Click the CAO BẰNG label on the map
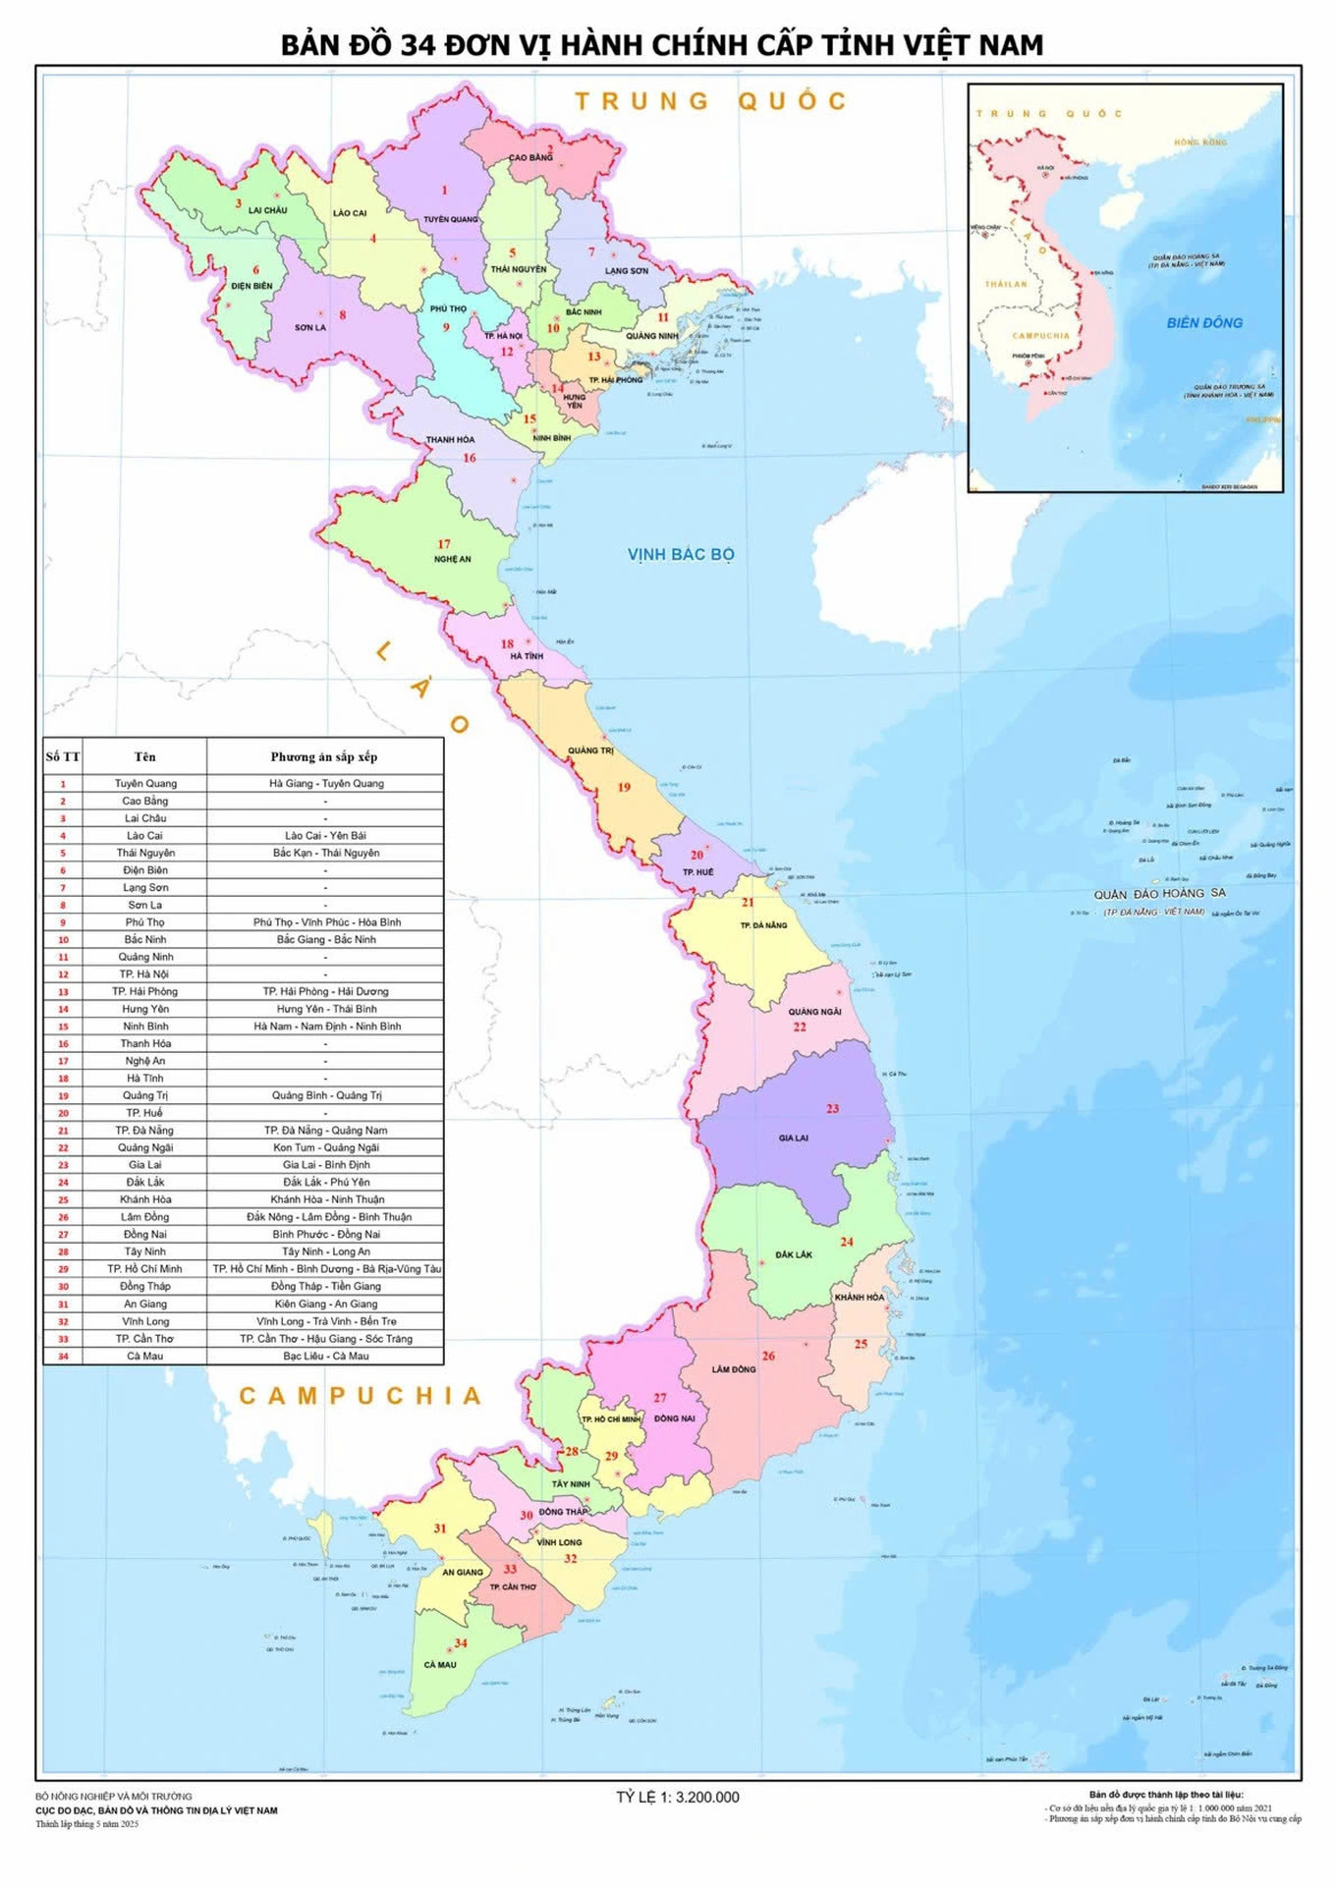(x=530, y=157)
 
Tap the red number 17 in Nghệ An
(x=444, y=543)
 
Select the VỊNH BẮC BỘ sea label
(x=681, y=554)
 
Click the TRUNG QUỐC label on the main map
(x=710, y=101)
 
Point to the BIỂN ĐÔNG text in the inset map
(x=1204, y=322)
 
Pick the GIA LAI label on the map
(x=793, y=1138)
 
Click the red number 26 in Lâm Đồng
(x=768, y=1355)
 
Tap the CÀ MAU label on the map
(x=440, y=1664)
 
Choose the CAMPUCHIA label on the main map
(x=361, y=1395)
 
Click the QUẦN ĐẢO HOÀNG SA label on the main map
(x=1159, y=893)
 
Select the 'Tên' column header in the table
(x=144, y=756)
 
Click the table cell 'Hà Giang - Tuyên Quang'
(x=326, y=783)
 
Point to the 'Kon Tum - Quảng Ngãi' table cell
(x=325, y=1146)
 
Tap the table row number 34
(x=63, y=1356)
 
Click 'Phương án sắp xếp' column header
(x=323, y=756)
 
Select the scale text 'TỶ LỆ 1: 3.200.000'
(x=677, y=1797)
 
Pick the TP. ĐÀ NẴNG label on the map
(x=763, y=924)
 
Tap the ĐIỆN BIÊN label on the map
(x=251, y=286)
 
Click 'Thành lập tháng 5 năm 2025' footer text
(x=87, y=1823)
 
